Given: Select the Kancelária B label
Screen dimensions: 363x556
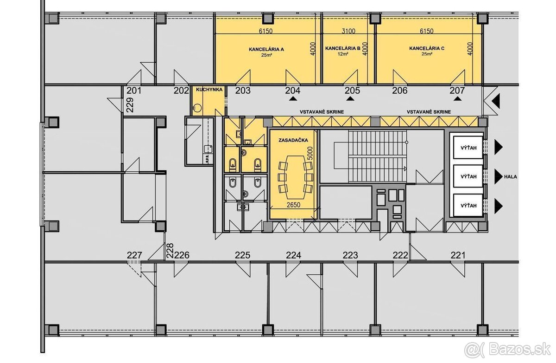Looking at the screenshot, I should pyautogui.click(x=343, y=48).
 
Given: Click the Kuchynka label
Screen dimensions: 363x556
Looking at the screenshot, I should pyautogui.click(x=209, y=90).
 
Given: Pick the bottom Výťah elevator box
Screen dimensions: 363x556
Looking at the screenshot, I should pyautogui.click(x=467, y=205).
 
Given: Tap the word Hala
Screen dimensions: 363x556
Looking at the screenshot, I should pyautogui.click(x=512, y=176).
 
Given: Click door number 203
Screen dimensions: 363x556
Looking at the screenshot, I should pyautogui.click(x=243, y=91).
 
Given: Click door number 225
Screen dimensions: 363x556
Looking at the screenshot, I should pyautogui.click(x=243, y=255).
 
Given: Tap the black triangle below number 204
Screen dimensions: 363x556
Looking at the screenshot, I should pyautogui.click(x=293, y=98).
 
